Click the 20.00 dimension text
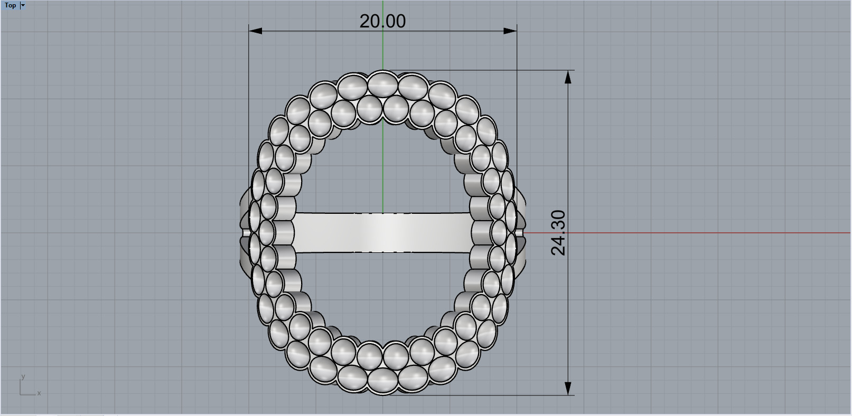coord(382,21)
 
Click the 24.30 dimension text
coord(558,232)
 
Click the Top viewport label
coord(10,5)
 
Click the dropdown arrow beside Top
coord(23,5)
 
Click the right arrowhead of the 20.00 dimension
coord(510,31)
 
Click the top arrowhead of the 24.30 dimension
coord(568,77)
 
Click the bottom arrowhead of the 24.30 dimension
coord(568,388)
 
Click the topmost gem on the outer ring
coord(382,83)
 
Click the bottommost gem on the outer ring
coord(382,380)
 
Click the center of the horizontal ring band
coord(382,232)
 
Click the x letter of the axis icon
coord(39,393)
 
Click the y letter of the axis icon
coord(23,376)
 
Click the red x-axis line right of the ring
coord(687,232)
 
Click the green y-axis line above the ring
coord(383,53)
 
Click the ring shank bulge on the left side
coord(244,232)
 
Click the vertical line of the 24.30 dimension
coord(568,158)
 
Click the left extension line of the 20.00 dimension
coord(249,106)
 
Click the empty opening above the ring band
coord(382,169)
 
